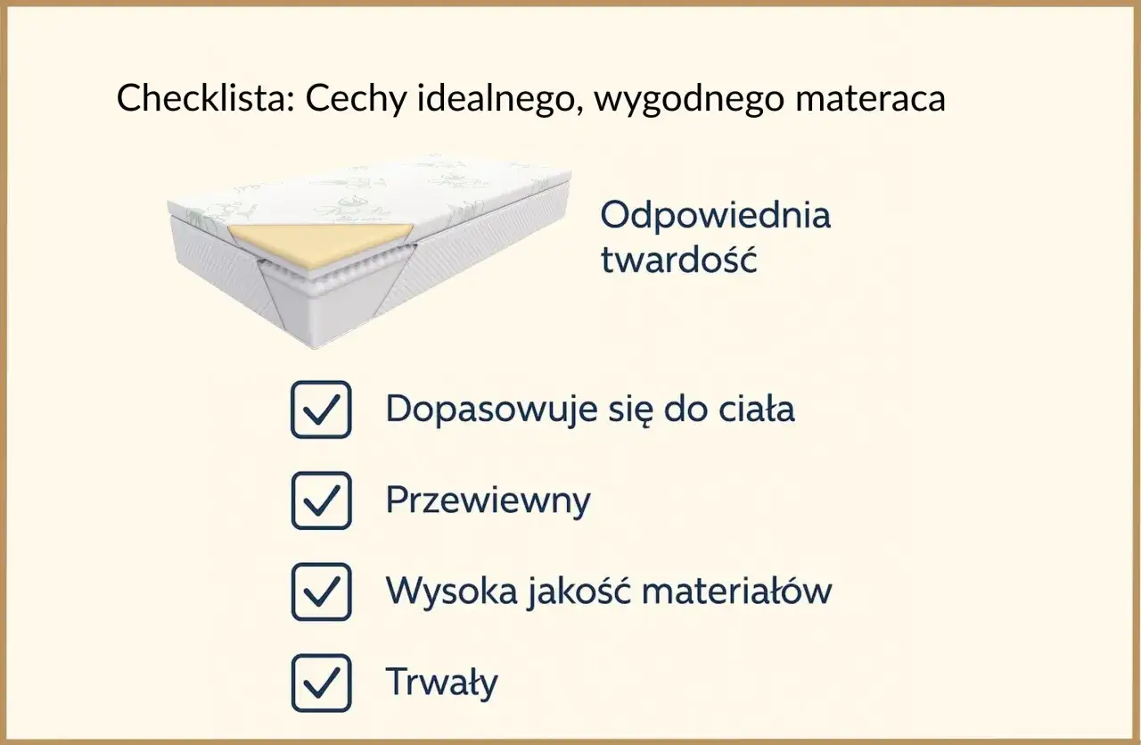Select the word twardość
tap(678, 260)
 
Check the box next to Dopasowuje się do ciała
tap(321, 410)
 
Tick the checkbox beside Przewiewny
tap(321, 501)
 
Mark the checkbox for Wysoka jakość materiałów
tap(321, 591)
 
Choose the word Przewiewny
tap(488, 501)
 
